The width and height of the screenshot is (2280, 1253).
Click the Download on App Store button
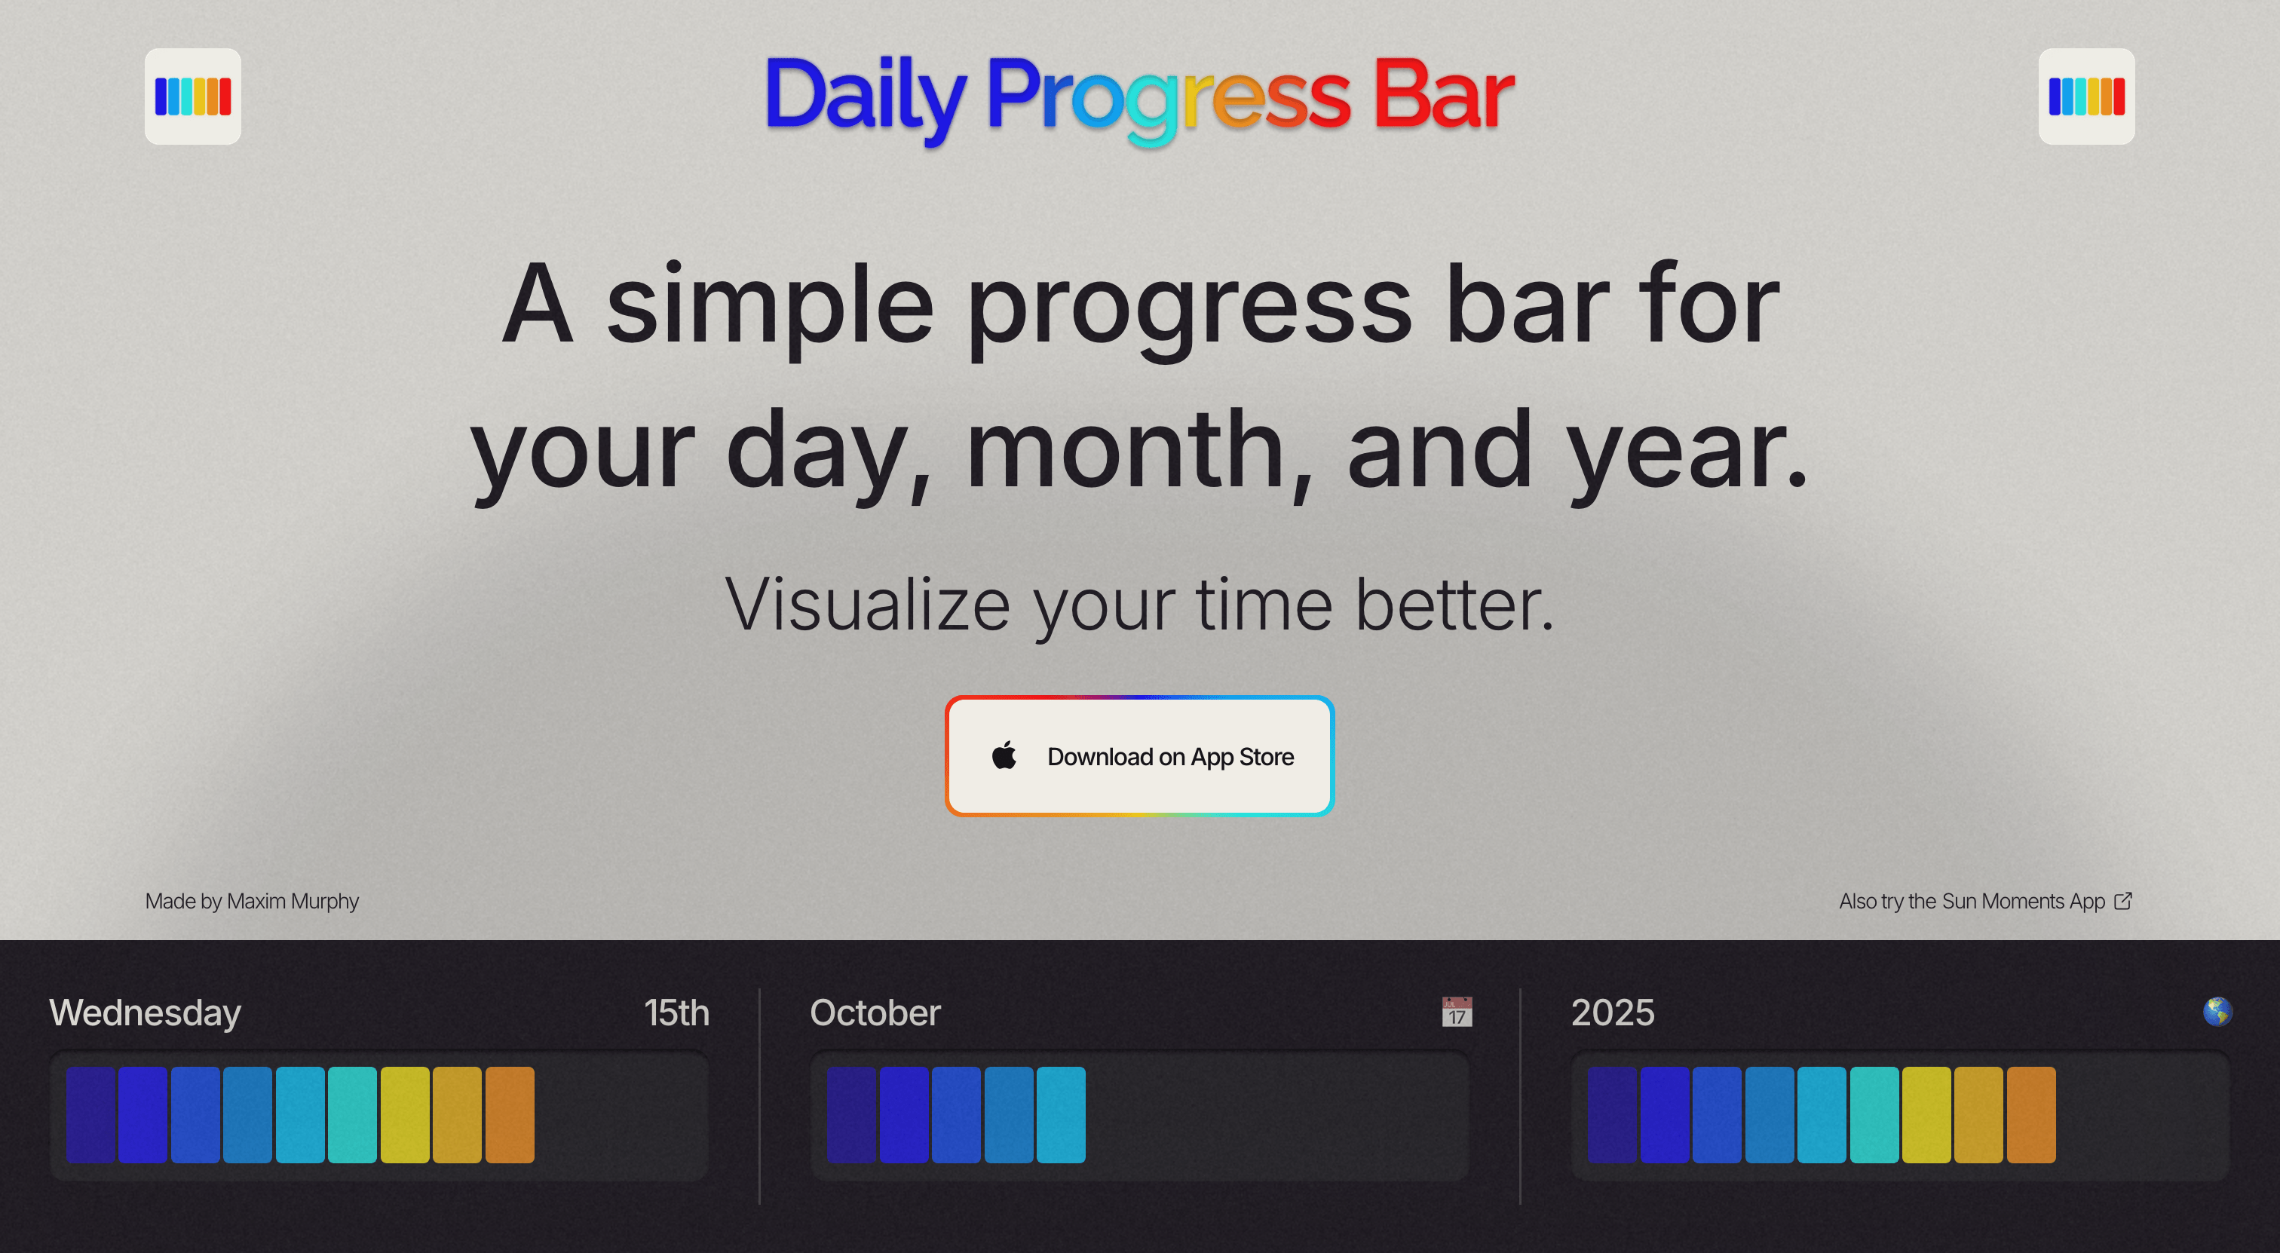1139,757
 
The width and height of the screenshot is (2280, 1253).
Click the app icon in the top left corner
193,97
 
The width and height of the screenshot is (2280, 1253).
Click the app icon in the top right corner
2086,97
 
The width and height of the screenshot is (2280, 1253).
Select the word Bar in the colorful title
1442,95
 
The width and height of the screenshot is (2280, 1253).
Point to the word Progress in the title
1169,97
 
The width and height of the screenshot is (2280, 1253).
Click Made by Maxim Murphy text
251,901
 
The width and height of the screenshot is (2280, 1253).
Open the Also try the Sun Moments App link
1971,901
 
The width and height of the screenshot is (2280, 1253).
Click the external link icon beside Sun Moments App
2122,901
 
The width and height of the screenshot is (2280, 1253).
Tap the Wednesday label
146,1013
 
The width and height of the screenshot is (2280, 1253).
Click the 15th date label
676,1013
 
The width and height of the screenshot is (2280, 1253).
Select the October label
875,1013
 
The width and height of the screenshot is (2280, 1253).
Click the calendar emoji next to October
1456,1012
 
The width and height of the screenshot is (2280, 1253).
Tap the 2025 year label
1612,1013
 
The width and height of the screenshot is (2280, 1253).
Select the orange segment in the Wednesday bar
510,1115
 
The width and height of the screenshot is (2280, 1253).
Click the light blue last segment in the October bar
1060,1115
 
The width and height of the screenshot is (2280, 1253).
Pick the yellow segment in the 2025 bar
1926,1115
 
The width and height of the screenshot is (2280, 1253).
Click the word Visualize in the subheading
867,605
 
